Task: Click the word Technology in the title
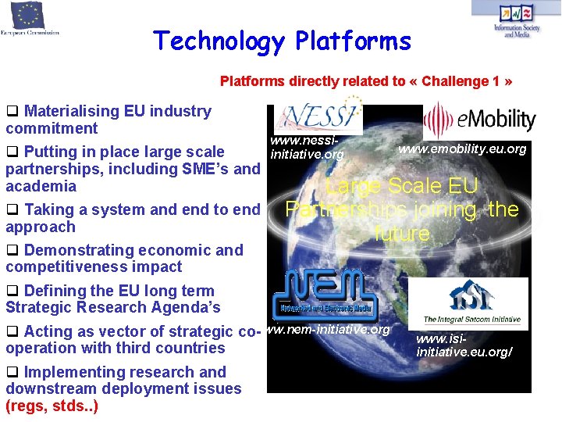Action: tap(218, 41)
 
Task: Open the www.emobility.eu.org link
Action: tap(462, 148)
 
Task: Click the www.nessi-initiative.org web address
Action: tap(306, 148)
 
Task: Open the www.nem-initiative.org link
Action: tap(326, 330)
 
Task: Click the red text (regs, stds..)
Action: tap(52, 406)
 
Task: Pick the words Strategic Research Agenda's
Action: tap(113, 308)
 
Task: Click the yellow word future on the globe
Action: tap(402, 234)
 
